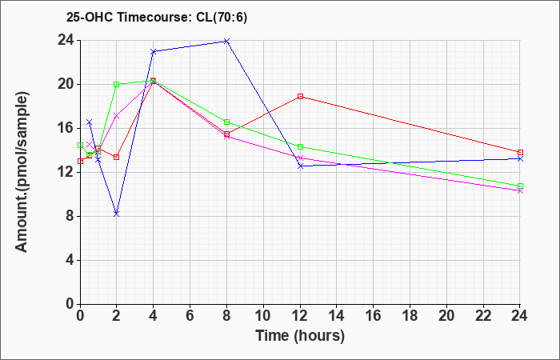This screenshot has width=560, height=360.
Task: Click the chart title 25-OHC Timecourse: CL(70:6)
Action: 157,18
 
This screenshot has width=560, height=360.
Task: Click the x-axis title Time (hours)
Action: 300,336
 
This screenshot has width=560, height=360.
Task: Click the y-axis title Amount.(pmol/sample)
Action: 22,172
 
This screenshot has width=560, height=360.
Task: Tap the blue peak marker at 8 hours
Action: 226,42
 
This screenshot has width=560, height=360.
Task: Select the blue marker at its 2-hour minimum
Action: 116,214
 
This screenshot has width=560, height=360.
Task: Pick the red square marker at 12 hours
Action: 300,97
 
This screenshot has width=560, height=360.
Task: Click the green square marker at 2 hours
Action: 117,85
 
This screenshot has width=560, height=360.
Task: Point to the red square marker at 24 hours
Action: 520,153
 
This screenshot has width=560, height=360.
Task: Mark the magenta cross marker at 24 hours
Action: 520,191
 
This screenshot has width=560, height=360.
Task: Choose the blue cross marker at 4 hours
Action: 154,51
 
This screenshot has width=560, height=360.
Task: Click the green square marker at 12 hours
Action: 300,146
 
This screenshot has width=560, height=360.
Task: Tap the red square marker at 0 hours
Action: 80,162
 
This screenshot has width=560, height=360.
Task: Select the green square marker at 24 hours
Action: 520,186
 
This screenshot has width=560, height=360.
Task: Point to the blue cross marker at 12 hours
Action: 300,166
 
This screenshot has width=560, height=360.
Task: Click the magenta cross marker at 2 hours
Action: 116,116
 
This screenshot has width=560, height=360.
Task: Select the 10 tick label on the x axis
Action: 263,316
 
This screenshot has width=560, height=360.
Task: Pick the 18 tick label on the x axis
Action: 410,316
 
